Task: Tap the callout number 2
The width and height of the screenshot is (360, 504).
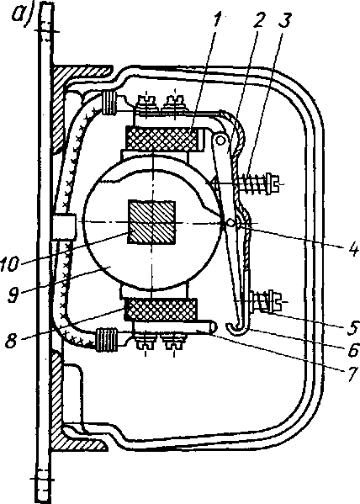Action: click(259, 20)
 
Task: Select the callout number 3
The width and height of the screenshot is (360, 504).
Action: click(283, 20)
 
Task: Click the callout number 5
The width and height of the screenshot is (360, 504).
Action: click(352, 327)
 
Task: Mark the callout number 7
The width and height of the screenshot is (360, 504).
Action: click(352, 373)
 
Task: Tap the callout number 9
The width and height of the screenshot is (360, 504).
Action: click(14, 294)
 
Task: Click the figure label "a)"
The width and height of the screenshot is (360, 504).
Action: click(23, 14)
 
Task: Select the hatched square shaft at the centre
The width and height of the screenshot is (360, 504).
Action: click(152, 222)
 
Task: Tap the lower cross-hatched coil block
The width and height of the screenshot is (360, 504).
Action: click(161, 310)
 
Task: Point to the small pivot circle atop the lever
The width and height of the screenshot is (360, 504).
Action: click(220, 140)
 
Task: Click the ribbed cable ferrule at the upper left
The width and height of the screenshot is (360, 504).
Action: click(109, 103)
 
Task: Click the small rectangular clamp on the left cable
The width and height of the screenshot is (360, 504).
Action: click(64, 226)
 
